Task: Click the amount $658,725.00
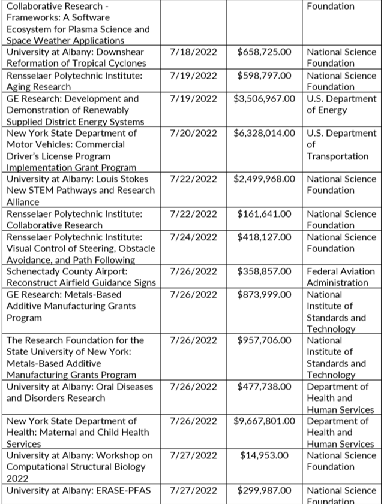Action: (265, 52)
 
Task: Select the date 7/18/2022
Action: (193, 52)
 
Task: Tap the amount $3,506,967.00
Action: (265, 99)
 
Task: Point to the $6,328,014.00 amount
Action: (265, 134)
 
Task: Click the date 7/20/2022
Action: (193, 134)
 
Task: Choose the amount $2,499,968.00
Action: (265, 179)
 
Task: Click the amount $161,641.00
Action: (265, 214)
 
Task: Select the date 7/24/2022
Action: (193, 237)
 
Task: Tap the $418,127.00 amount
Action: (265, 237)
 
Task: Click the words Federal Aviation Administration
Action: (341, 277)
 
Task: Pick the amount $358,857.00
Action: (265, 272)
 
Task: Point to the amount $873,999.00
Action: (265, 295)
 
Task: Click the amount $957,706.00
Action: (265, 340)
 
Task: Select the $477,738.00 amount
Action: (265, 387)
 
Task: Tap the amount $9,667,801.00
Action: (265, 421)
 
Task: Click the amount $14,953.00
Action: (265, 456)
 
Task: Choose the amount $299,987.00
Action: (265, 490)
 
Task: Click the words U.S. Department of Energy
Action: (341, 104)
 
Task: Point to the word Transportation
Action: (337, 156)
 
